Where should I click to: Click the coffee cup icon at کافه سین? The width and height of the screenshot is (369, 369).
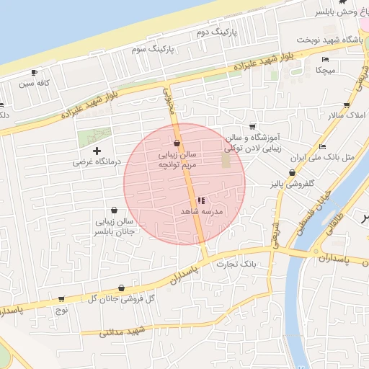tap(34, 72)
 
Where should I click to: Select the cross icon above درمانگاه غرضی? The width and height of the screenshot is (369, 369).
tap(97, 150)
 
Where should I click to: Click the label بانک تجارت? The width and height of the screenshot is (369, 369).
tap(241, 264)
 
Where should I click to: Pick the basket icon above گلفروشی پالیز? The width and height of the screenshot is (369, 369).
tap(291, 173)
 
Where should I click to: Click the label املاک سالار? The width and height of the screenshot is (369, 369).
tap(346, 115)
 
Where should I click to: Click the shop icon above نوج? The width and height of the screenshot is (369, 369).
tap(61, 299)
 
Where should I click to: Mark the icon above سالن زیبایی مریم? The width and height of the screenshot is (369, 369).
tap(177, 143)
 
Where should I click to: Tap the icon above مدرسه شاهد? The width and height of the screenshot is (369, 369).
tap(200, 200)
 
